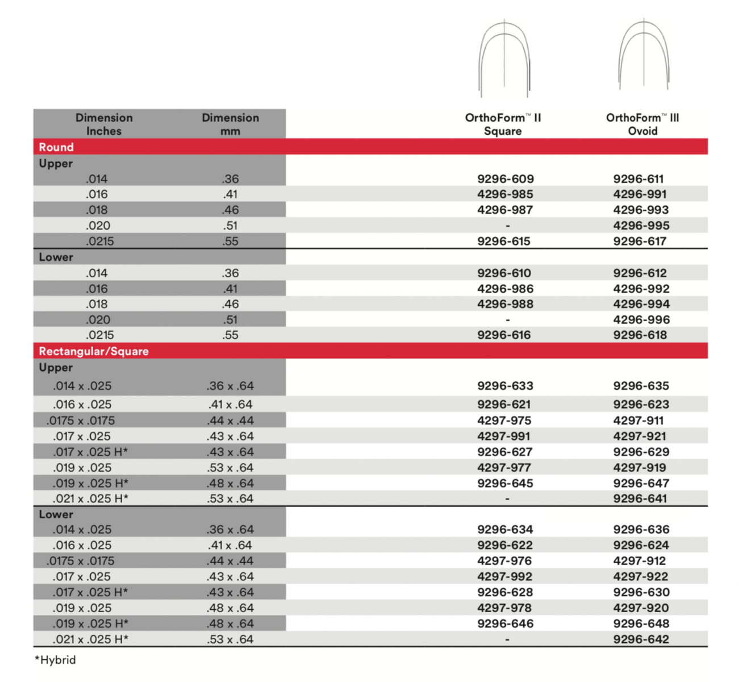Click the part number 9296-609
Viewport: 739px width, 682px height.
(x=505, y=179)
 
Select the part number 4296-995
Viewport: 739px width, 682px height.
(x=641, y=226)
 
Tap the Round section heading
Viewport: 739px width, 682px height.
(x=56, y=147)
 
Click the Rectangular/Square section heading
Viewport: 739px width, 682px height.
(x=94, y=351)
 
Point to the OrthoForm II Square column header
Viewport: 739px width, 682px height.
(x=503, y=124)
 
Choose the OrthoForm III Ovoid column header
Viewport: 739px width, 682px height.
(x=642, y=124)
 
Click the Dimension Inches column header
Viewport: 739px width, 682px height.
(x=104, y=124)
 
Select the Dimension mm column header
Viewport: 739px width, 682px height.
(x=230, y=124)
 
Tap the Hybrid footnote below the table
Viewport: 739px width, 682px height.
(x=55, y=660)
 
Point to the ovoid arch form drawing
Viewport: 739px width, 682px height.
(x=644, y=55)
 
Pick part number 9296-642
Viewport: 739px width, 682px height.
(x=641, y=639)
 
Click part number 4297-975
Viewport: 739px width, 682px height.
(x=504, y=421)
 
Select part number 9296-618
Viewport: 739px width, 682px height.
(x=640, y=335)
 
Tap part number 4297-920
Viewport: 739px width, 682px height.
(x=641, y=608)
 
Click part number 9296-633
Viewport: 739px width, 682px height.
(x=505, y=386)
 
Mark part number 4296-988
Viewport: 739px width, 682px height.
(x=505, y=304)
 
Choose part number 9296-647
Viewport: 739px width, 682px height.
(x=641, y=484)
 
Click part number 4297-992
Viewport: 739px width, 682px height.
(x=504, y=576)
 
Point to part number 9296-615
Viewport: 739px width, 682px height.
(x=503, y=242)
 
